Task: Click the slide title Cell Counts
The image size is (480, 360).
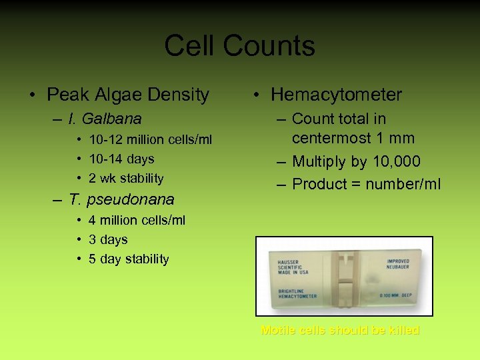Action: pyautogui.click(x=239, y=46)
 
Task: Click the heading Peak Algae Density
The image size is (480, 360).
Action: pyautogui.click(x=127, y=95)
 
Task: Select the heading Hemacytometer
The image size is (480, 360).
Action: pyautogui.click(x=336, y=95)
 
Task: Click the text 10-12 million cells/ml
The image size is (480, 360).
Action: pyautogui.click(x=151, y=139)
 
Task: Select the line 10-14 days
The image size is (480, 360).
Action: pyautogui.click(x=121, y=159)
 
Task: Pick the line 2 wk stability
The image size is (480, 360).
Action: pyautogui.click(x=126, y=178)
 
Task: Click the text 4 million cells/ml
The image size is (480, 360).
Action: pyautogui.click(x=137, y=220)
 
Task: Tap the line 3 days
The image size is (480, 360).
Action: pyautogui.click(x=108, y=239)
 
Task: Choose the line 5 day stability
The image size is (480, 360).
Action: pyautogui.click(x=129, y=259)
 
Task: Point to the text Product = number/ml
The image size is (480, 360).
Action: pyautogui.click(x=366, y=184)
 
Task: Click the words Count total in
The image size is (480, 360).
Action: pyautogui.click(x=339, y=119)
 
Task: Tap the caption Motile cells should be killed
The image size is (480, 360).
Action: pyautogui.click(x=340, y=330)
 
